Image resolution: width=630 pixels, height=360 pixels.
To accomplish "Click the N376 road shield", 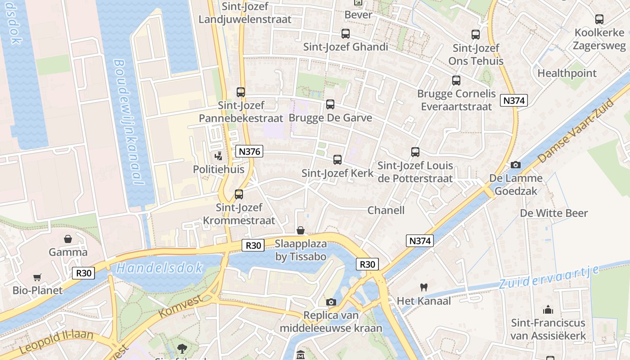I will (249, 151).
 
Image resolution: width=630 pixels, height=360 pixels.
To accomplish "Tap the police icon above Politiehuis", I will (219, 157).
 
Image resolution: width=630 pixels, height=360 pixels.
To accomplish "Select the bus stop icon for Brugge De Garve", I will (330, 104).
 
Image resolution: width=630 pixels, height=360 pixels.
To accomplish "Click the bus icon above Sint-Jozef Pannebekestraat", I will (241, 92).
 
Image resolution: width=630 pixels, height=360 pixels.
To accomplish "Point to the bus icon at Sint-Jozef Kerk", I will (337, 159).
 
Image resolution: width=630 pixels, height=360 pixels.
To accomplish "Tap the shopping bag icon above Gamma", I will (68, 238).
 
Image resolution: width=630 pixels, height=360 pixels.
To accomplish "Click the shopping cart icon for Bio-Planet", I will (37, 277).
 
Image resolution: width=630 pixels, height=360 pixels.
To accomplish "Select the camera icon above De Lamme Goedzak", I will (516, 165).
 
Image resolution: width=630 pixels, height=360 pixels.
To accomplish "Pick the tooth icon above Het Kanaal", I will (423, 287).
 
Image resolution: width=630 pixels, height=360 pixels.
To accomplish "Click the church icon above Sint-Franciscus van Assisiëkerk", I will (548, 309).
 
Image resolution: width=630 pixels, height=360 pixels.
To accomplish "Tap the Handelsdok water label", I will (160, 268).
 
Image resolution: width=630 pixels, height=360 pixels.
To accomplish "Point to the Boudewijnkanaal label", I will (129, 121).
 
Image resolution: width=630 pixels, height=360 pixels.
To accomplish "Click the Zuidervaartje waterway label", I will (549, 277).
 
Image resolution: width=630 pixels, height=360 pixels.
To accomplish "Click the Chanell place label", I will (386, 210).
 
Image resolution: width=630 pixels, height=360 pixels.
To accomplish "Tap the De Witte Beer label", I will (554, 213).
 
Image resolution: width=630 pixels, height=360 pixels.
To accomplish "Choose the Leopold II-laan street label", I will (56, 342).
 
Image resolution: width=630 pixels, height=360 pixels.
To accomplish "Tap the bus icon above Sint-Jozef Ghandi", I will (346, 34).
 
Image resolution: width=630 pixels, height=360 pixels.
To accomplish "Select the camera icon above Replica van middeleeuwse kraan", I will (331, 302).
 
